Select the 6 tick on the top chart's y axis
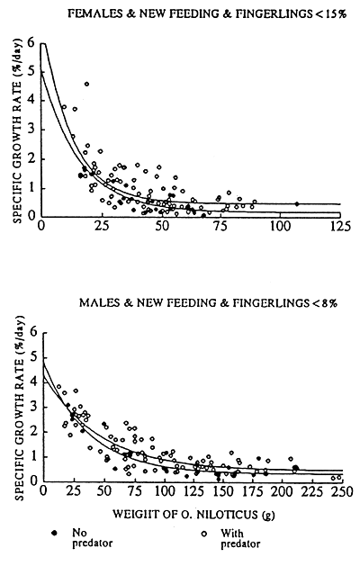point(31,43)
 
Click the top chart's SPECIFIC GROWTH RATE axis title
point(15,130)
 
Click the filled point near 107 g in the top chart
point(297,203)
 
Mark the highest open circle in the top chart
point(86,85)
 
